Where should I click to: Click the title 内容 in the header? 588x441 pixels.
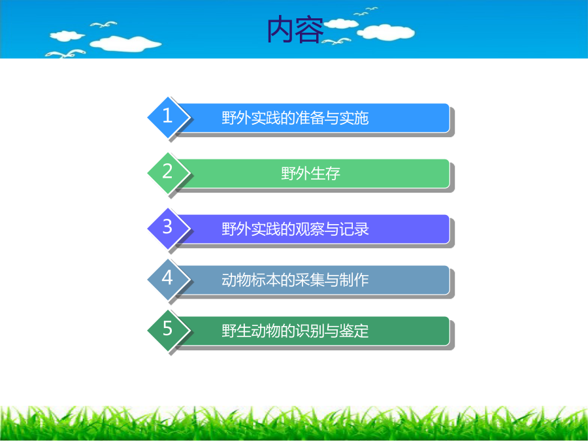pyautogui.click(x=295, y=29)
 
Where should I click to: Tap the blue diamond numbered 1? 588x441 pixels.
pyautogui.click(x=167, y=118)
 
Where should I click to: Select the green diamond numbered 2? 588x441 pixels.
pyautogui.click(x=167, y=173)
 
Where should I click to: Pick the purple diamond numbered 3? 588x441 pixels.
pyautogui.click(x=167, y=229)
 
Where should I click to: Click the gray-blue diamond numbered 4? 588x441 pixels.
pyautogui.click(x=167, y=280)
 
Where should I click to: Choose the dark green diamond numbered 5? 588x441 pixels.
pyautogui.click(x=167, y=331)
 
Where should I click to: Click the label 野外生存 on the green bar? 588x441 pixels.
pyautogui.click(x=310, y=173)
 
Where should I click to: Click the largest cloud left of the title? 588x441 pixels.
pyautogui.click(x=125, y=44)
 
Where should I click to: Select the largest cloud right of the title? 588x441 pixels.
pyautogui.click(x=386, y=32)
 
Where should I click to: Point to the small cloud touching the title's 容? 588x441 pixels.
pyautogui.click(x=340, y=24)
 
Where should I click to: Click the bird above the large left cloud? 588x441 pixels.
pyautogui.click(x=103, y=24)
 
